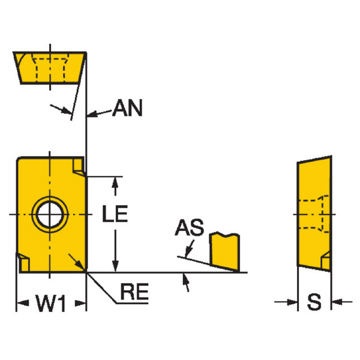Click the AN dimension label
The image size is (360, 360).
tap(128, 110)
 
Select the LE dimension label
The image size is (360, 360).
tap(114, 214)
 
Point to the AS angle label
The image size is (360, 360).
tap(189, 228)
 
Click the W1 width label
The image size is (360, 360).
tap(50, 305)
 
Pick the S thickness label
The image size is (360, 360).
tap(314, 302)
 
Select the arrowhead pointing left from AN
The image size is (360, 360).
tap(92, 113)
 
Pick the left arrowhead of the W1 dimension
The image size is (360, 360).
tap(20, 304)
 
